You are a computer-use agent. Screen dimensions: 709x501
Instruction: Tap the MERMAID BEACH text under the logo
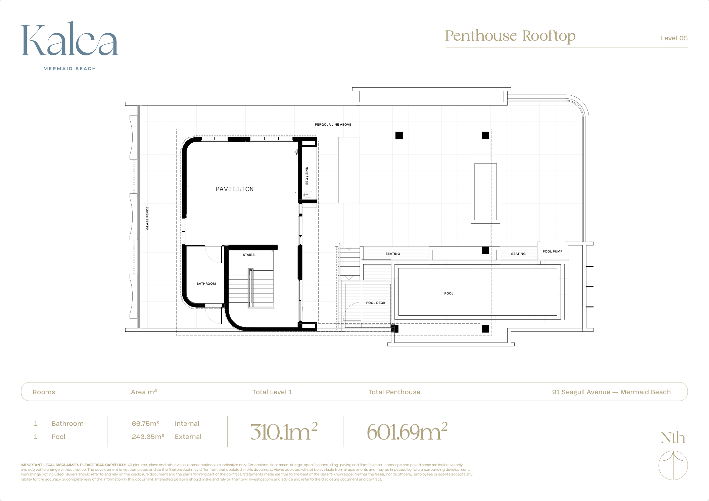point(70,69)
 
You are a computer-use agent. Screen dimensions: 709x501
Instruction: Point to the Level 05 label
point(674,38)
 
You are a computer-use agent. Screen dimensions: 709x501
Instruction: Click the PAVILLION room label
point(235,189)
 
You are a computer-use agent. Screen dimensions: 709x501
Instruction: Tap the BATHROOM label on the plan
point(206,284)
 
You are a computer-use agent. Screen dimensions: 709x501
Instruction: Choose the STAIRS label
point(249,255)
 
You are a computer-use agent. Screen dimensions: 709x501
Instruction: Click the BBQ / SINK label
point(307,176)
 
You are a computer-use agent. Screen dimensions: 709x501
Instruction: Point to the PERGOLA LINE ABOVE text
point(333,125)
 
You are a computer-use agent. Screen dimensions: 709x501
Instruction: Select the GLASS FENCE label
point(147,218)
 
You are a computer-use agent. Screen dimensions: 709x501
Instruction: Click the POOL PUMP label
point(553,252)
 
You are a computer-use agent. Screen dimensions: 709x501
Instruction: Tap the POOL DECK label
point(376,303)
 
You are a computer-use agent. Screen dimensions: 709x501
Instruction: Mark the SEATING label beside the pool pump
point(518,254)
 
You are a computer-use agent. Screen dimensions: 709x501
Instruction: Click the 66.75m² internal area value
point(145,423)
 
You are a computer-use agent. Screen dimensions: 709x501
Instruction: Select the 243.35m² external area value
point(148,437)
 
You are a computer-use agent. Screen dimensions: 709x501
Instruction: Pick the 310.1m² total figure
point(284,431)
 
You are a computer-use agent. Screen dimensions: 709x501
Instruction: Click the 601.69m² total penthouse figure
point(407,431)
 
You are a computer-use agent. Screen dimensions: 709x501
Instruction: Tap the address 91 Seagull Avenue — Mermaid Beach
point(611,392)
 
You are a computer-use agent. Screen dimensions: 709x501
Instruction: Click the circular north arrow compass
point(673,465)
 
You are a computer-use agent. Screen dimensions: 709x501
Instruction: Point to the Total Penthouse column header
point(394,392)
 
